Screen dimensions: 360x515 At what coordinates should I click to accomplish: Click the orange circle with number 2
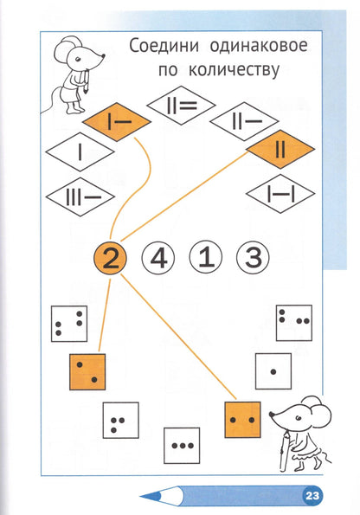pos(111,258)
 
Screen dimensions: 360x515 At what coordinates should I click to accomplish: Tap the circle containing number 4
pos(158,258)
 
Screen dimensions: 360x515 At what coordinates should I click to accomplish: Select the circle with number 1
pos(206,257)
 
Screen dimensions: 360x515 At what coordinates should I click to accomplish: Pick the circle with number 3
pos(253,258)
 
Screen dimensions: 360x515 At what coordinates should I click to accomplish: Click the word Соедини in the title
pos(164,47)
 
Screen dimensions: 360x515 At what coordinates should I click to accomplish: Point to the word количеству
pos(234,69)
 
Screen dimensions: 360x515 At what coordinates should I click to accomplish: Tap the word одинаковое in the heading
pos(259,46)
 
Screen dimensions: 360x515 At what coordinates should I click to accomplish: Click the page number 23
pos(312,495)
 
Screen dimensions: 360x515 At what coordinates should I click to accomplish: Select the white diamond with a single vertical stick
pos(80,151)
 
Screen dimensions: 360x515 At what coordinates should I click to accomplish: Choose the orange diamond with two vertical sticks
pos(280,149)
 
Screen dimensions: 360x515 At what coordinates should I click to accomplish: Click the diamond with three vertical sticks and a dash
pos(80,196)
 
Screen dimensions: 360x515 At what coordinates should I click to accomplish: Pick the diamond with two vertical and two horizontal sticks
pos(181,106)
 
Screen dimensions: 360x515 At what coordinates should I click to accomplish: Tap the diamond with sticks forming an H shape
pos(280,194)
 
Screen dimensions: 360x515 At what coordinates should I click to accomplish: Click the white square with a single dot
pos(273,371)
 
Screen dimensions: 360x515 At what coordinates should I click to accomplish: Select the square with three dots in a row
pos(182,446)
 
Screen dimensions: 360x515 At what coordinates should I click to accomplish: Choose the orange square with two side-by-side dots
pos(242,420)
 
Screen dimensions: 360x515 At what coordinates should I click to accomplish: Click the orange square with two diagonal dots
pos(87,372)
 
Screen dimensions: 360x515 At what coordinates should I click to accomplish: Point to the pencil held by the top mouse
pos(87,81)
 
